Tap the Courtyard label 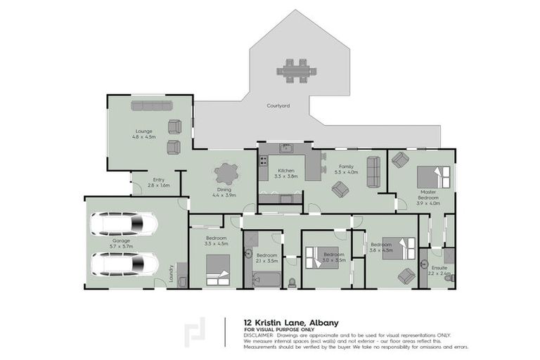tap(278, 106)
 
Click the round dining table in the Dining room tap(226, 173)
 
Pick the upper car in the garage tap(124, 224)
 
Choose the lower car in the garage tap(124, 264)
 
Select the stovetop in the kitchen tap(264, 160)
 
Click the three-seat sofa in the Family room tap(373, 172)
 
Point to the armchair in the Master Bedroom tap(399, 160)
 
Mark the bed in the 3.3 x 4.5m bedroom tap(217, 270)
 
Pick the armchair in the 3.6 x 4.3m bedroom tap(406, 276)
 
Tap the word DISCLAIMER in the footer tap(258, 335)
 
